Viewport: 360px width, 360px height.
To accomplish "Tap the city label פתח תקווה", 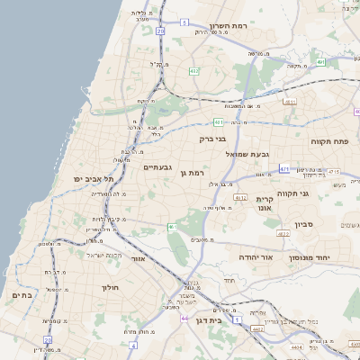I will (x=328, y=141).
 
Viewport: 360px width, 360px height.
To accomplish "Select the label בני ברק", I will (x=214, y=139).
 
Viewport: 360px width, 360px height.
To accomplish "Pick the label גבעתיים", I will (x=157, y=167).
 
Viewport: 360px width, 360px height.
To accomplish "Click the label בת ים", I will (x=22, y=294).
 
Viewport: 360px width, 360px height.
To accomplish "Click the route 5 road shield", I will (x=184, y=22).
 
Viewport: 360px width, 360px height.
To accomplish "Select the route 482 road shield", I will (x=194, y=70).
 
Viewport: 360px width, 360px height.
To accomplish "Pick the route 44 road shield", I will (x=184, y=319).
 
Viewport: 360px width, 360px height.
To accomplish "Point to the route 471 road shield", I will (x=284, y=168).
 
